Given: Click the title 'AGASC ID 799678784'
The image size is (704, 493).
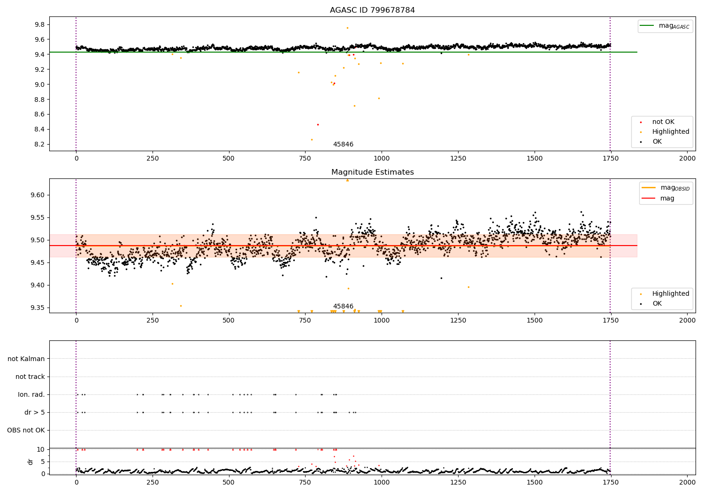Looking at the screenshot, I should tap(372, 10).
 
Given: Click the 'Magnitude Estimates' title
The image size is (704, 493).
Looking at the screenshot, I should tap(372, 172).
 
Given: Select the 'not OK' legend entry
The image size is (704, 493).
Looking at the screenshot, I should tap(663, 122).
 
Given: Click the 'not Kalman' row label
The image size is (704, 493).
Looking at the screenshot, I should tap(26, 359).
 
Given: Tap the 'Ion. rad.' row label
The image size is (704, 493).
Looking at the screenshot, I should tap(31, 394).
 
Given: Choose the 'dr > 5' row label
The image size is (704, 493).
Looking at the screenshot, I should tap(35, 412).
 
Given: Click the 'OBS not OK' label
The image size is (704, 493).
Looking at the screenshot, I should tap(26, 430).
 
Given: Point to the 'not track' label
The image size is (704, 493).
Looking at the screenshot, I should tap(30, 377).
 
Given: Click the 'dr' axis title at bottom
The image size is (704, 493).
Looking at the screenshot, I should tap(31, 462).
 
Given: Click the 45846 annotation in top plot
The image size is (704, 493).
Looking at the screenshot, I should tap(343, 145).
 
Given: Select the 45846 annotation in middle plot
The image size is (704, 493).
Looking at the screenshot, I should tap(343, 307).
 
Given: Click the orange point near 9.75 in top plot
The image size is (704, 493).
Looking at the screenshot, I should tap(347, 28).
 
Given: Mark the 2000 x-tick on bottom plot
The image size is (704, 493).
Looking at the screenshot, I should tap(688, 482).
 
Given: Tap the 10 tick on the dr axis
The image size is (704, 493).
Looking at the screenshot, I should tap(41, 449).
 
